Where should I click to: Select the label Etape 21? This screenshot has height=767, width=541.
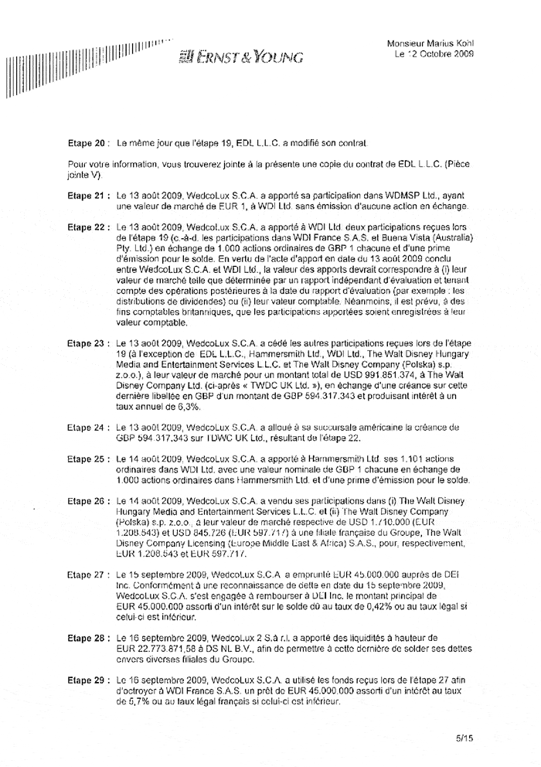point(87,197)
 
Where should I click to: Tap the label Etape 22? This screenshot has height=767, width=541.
point(87,229)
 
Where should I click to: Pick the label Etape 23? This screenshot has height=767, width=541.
point(87,342)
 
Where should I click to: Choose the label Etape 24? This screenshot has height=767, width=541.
point(87,427)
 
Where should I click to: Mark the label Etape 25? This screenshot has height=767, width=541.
point(87,458)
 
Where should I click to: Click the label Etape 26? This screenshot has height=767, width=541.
point(87,501)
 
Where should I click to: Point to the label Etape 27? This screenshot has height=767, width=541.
point(87,575)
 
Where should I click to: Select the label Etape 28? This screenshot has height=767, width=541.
point(87,639)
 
